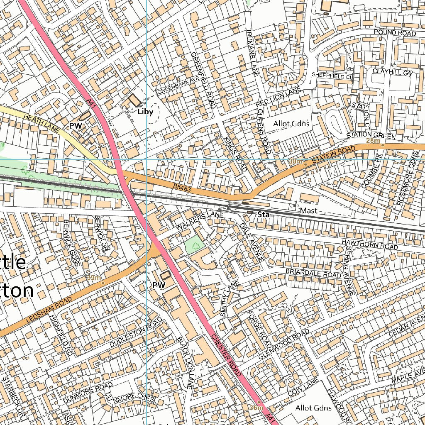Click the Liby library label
pos(145,112)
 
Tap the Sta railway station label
pos(263,215)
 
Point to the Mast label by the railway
pos(308,211)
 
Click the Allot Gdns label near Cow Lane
pos(313,408)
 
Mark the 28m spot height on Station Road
pos(373,141)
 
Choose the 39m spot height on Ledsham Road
pos(94,278)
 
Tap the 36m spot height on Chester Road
pos(256,408)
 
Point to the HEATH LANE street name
pos(42,124)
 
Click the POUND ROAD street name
pos(394,33)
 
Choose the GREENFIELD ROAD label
pos(203,80)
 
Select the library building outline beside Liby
pos(134,100)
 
